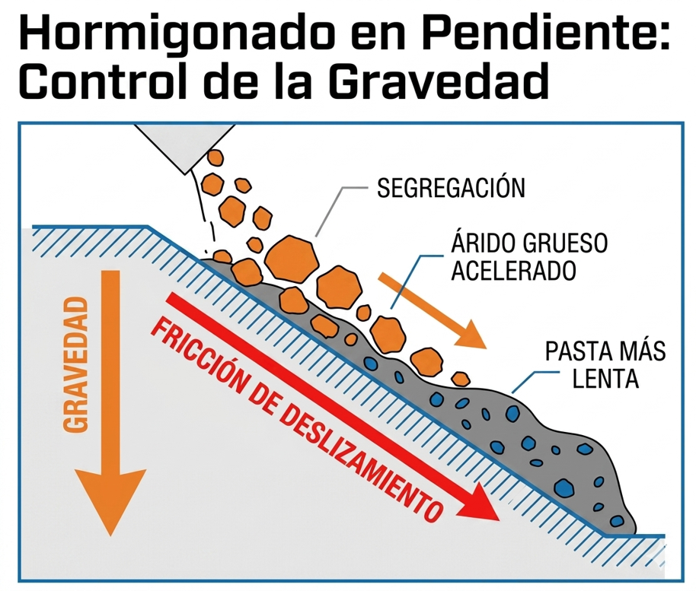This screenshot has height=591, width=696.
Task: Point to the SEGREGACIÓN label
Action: click(451, 187)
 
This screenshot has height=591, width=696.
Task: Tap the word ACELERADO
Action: click(513, 271)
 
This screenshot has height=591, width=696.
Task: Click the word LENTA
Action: click(605, 379)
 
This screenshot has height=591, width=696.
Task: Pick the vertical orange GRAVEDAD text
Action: click(75, 364)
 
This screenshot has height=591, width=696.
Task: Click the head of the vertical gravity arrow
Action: click(110, 501)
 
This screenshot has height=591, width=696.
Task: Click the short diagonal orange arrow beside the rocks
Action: click(432, 310)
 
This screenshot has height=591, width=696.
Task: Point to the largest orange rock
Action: click(292, 259)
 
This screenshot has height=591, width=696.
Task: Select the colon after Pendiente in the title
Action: click(662, 37)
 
